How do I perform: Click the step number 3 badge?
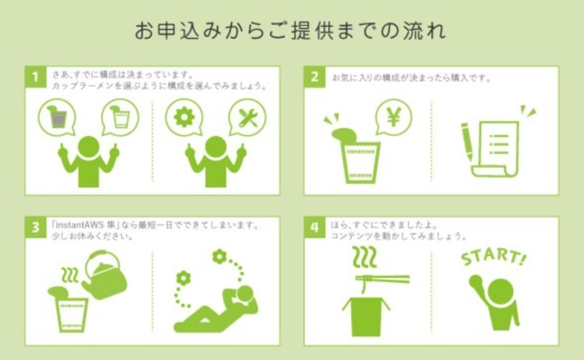pos(33,226)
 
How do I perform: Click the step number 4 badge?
pos(313,226)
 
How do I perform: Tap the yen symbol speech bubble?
pos(393,116)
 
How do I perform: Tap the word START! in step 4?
pos(493,256)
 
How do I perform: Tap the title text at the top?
pos(291,30)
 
